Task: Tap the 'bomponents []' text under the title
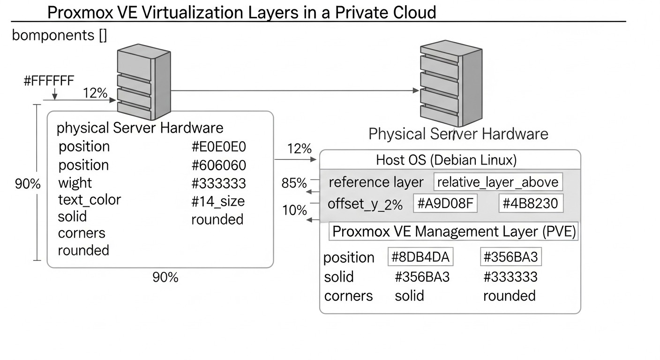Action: click(59, 35)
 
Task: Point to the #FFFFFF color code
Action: click(49, 81)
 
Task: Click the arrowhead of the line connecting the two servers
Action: click(415, 90)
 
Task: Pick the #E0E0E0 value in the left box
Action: click(218, 147)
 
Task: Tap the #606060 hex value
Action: click(218, 165)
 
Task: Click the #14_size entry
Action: click(218, 201)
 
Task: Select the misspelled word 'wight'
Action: click(75, 183)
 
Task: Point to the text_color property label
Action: click(90, 200)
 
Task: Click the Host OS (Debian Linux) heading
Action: click(446, 160)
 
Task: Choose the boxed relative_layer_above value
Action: click(498, 182)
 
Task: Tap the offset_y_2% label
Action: click(365, 204)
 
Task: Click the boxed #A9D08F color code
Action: click(445, 204)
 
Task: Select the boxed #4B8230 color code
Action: click(530, 204)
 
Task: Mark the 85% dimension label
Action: click(294, 183)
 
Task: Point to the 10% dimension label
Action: click(294, 210)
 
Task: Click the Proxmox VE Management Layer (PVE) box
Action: click(453, 232)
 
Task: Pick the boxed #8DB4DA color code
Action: click(420, 257)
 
